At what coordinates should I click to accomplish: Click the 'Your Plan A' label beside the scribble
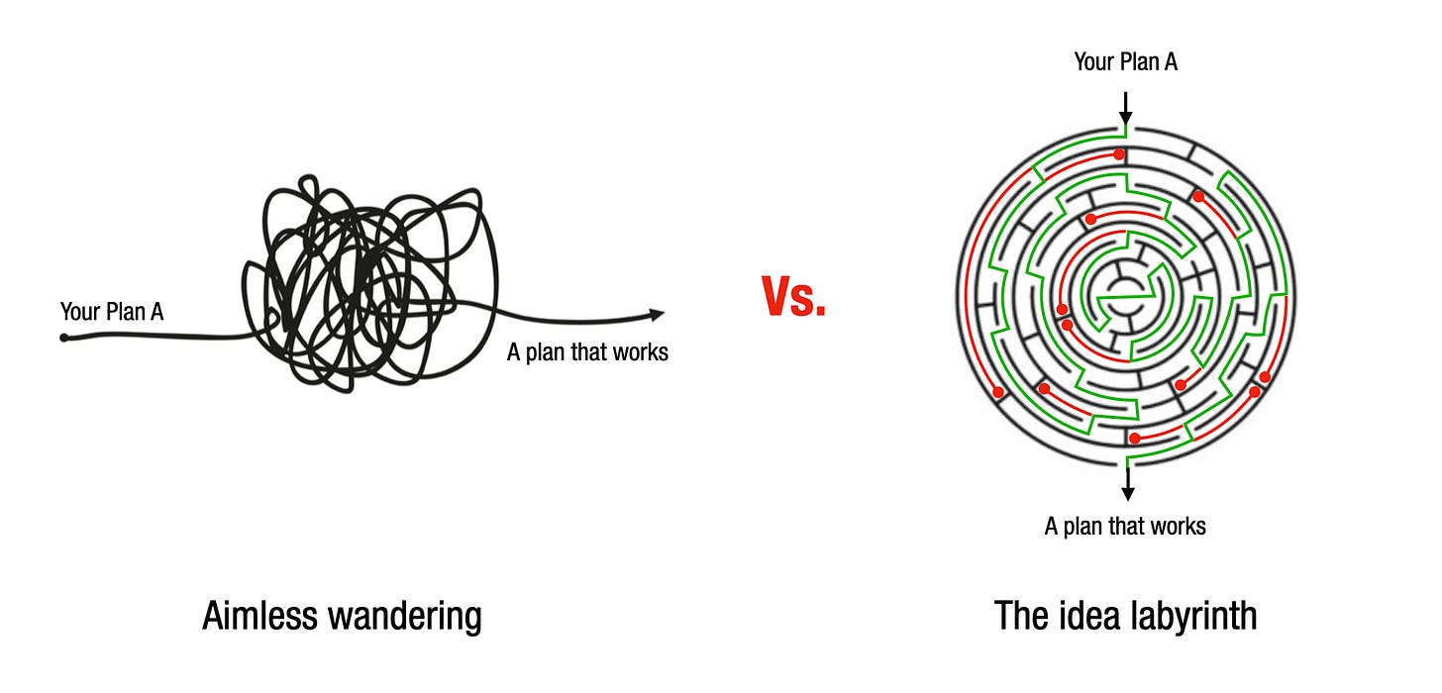pyautogui.click(x=112, y=312)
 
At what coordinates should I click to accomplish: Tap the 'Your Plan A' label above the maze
pyautogui.click(x=1125, y=62)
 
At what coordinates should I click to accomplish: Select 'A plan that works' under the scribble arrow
pyautogui.click(x=587, y=351)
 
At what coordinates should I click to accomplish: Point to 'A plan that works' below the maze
pyautogui.click(x=1125, y=525)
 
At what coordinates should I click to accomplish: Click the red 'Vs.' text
pyautogui.click(x=793, y=296)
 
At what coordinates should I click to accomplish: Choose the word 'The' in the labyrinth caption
pyautogui.click(x=1021, y=616)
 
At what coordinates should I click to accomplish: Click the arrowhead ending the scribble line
pyautogui.click(x=657, y=315)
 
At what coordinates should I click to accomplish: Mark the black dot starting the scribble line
pyautogui.click(x=64, y=338)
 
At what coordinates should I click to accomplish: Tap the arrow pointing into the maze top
pyautogui.click(x=1125, y=106)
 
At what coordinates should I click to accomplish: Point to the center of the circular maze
pyautogui.click(x=1125, y=295)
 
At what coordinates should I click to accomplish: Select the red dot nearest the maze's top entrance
pyautogui.click(x=1118, y=154)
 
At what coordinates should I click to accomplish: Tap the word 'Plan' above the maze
pyautogui.click(x=1139, y=62)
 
